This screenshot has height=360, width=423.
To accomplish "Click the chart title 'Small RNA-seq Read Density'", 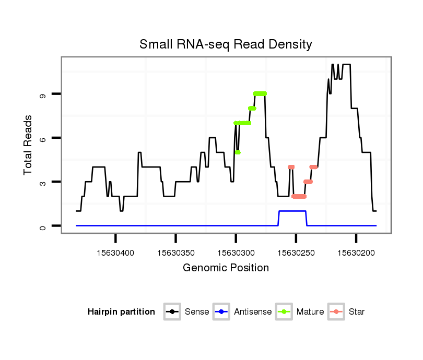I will pyautogui.click(x=226, y=44).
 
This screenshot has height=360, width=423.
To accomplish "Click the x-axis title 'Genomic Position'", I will pyautogui.click(x=226, y=268).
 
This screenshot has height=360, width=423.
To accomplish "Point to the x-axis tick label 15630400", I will pyautogui.click(x=116, y=253).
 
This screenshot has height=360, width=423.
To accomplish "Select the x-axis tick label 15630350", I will pyautogui.click(x=176, y=253).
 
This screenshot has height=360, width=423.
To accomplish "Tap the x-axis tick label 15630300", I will pyautogui.click(x=236, y=253).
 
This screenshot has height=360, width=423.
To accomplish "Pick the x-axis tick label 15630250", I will pyautogui.click(x=296, y=253).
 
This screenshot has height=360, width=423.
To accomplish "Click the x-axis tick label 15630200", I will pyautogui.click(x=356, y=253).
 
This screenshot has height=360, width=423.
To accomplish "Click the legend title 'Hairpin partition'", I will pyautogui.click(x=121, y=312).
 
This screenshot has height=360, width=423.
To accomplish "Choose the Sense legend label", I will pyautogui.click(x=197, y=312).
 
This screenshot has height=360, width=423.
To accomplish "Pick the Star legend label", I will pyautogui.click(x=357, y=312).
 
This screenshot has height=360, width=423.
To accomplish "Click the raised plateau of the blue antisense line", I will pyautogui.click(x=292, y=211).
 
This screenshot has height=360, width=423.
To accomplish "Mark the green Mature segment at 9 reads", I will pyautogui.click(x=260, y=93).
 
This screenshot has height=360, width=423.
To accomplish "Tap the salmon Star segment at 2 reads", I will pyautogui.click(x=299, y=197).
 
